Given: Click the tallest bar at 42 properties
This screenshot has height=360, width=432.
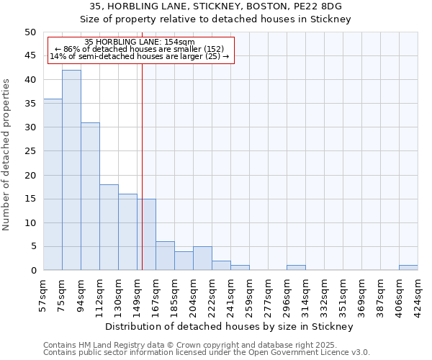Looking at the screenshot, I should pyautogui.click(x=71, y=170).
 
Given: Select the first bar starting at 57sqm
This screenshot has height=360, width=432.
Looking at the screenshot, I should pyautogui.click(x=53, y=184).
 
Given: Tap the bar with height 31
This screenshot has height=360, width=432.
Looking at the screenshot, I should pyautogui.click(x=90, y=196).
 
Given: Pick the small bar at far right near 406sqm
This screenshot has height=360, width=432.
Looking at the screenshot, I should pyautogui.click(x=408, y=268).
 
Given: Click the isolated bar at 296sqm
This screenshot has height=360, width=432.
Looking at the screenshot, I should pyautogui.click(x=296, y=268).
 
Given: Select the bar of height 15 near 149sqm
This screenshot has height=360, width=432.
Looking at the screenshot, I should pyautogui.click(x=146, y=235).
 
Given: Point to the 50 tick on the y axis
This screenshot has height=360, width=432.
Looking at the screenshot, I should pyautogui.click(x=30, y=32).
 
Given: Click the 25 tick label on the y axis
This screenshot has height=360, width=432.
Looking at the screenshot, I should pyautogui.click(x=30, y=151).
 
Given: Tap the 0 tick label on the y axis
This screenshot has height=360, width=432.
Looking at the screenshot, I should pyautogui.click(x=32, y=271).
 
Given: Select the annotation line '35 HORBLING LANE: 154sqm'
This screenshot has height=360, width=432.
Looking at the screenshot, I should pyautogui.click(x=139, y=42).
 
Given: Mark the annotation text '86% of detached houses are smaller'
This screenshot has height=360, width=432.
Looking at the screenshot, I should pyautogui.click(x=139, y=49).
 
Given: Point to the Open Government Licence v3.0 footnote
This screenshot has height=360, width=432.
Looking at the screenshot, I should pyautogui.click(x=206, y=352).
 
